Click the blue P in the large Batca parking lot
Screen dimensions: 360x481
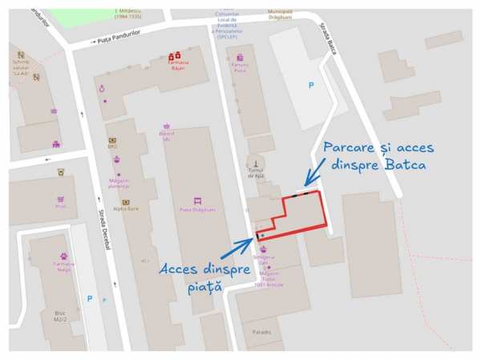pyautogui.click(x=312, y=85)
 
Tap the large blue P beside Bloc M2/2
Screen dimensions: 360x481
pyautogui.click(x=90, y=299)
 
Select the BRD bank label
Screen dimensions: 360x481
pyautogui.click(x=112, y=147)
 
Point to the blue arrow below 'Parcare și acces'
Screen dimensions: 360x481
pyautogui.click(x=313, y=172)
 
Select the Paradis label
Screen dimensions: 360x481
pyautogui.click(x=261, y=332)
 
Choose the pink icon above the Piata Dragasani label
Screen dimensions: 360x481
pyautogui.click(x=197, y=200)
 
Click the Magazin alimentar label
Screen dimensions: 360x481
pyautogui.click(x=119, y=184)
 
